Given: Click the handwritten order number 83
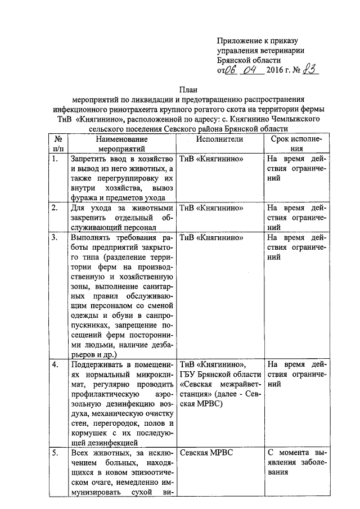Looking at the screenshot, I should pyautogui.click(x=309, y=71).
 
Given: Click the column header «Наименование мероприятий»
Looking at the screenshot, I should pyautogui.click(x=121, y=143).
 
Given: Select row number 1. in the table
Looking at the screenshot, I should pyautogui.click(x=55, y=159).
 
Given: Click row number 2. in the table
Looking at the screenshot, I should pyautogui.click(x=55, y=209).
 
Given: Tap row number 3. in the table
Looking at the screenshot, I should pyautogui.click(x=55, y=238).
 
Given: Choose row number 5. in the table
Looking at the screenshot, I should pyautogui.click(x=55, y=453).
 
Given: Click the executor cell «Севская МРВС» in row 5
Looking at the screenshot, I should pyautogui.click(x=206, y=453).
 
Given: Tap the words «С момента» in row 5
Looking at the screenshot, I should pyautogui.click(x=287, y=453).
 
